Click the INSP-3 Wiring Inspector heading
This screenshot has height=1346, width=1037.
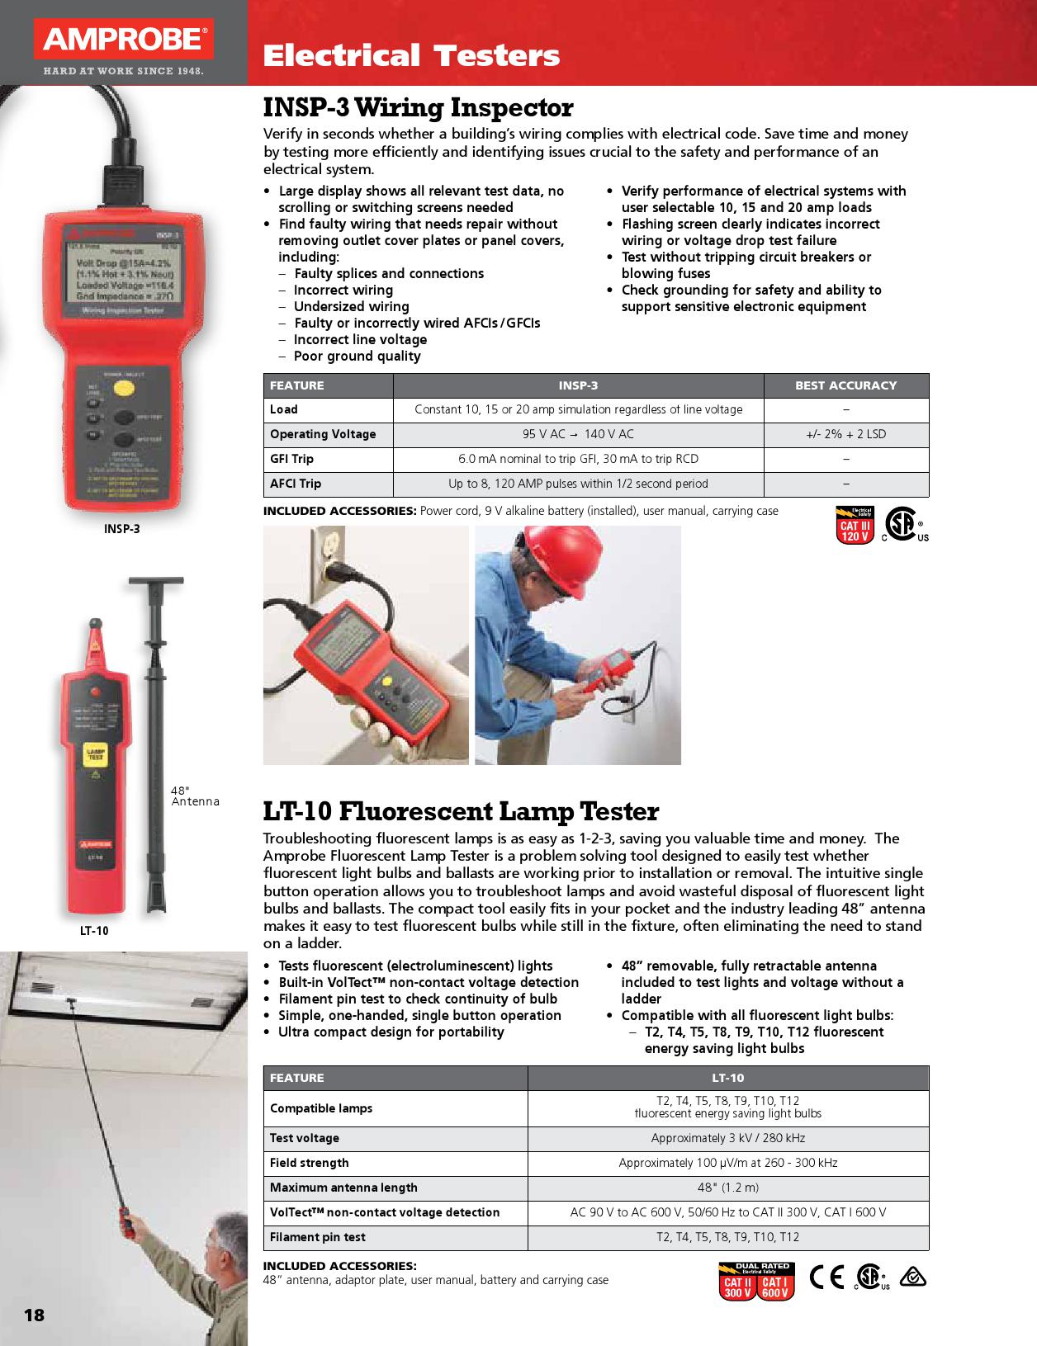point(418,108)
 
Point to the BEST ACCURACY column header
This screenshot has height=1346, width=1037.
point(845,385)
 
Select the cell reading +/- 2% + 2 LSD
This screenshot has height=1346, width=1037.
point(845,434)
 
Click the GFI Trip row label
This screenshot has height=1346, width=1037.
point(292,459)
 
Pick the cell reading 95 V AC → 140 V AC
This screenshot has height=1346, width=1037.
point(578,434)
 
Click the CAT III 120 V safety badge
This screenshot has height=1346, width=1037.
point(855,525)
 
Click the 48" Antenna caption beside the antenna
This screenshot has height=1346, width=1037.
point(195,796)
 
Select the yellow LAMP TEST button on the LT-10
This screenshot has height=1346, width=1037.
point(96,753)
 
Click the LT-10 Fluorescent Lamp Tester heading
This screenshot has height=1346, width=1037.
point(461,812)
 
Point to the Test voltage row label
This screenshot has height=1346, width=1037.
point(305,1138)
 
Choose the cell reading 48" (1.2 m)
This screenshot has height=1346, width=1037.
point(727,1188)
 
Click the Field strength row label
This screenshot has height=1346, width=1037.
point(310,1163)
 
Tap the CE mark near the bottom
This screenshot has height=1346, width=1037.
point(826,1277)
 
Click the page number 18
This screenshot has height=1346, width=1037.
point(34,1315)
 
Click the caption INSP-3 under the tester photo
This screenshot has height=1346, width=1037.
point(121,529)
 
